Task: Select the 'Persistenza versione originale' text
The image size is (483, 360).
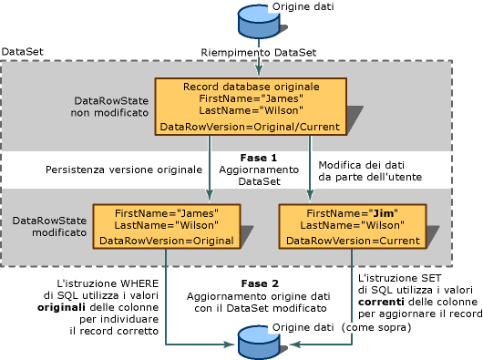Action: click(x=122, y=170)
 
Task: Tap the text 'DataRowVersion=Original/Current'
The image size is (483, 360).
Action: click(x=251, y=127)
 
